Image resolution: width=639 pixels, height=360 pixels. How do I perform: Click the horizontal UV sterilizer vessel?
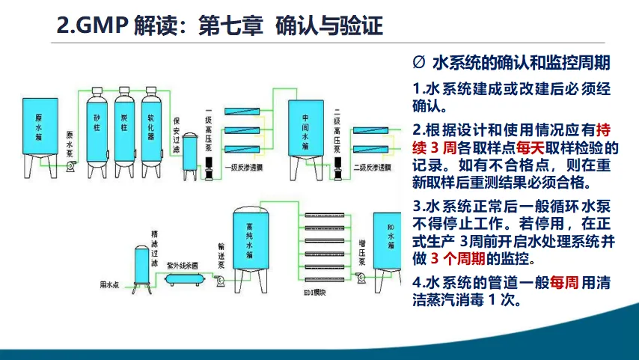[183, 279]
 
